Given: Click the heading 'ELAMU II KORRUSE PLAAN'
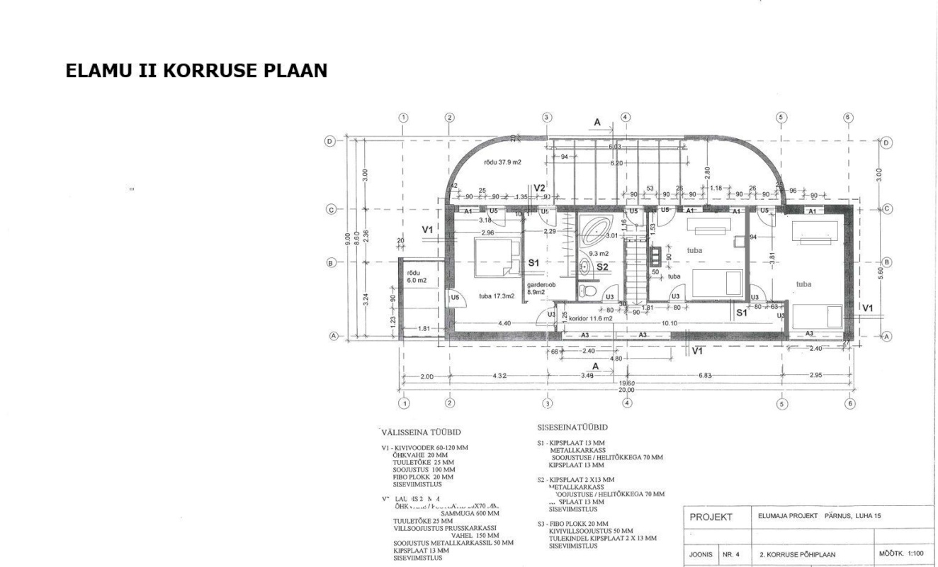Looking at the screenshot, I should [x=196, y=72].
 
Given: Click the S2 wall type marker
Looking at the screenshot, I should [x=601, y=266].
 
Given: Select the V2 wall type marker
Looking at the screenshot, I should [x=539, y=189].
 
